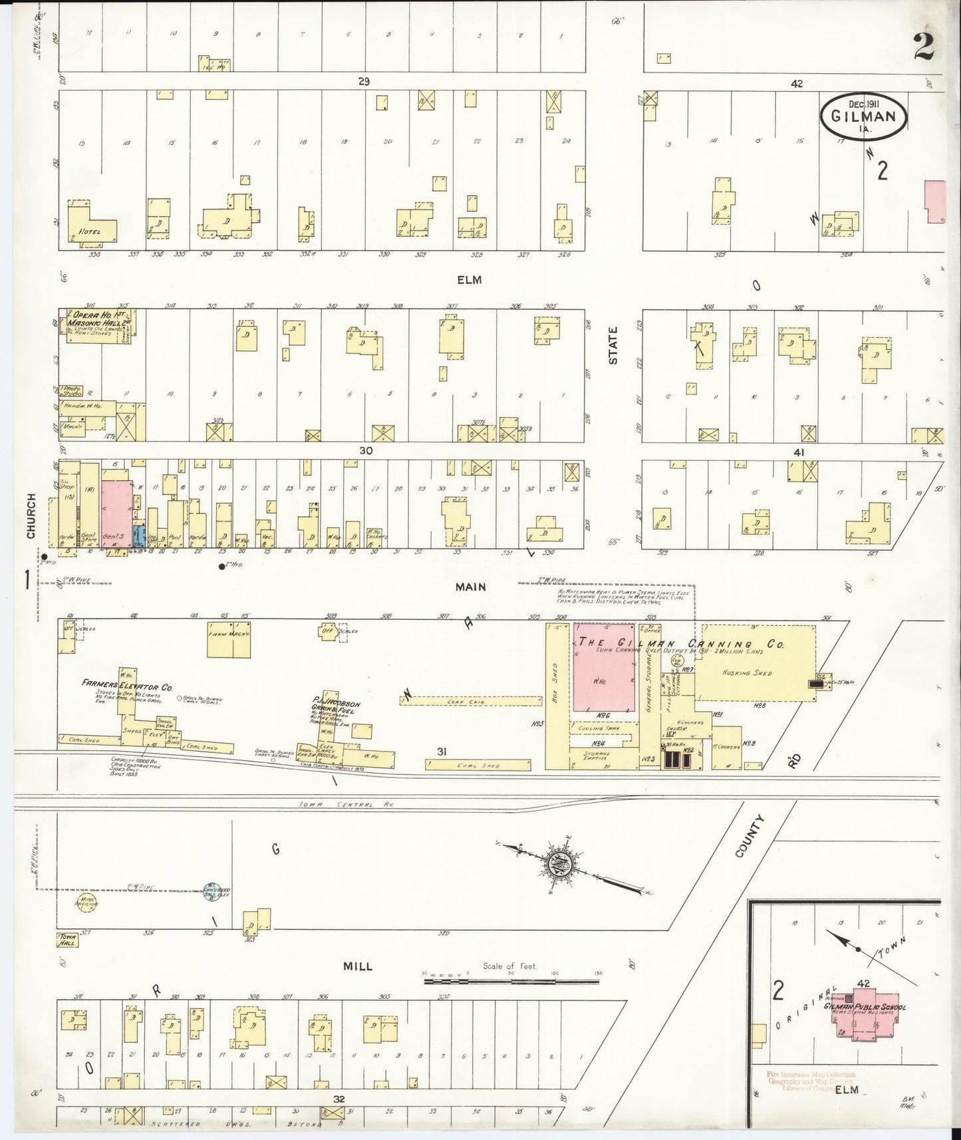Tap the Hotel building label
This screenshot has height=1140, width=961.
[x=90, y=231]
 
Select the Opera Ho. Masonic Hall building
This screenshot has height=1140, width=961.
[x=96, y=325]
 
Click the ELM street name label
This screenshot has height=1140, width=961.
[x=470, y=280]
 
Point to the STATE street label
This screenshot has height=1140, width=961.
[x=613, y=345]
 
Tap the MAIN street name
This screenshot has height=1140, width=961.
[x=470, y=587]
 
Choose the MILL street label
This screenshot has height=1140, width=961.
[x=358, y=966]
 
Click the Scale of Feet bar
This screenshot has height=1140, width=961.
[x=512, y=981]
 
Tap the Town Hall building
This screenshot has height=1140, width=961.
[x=67, y=940]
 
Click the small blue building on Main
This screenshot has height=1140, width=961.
[x=138, y=536]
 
